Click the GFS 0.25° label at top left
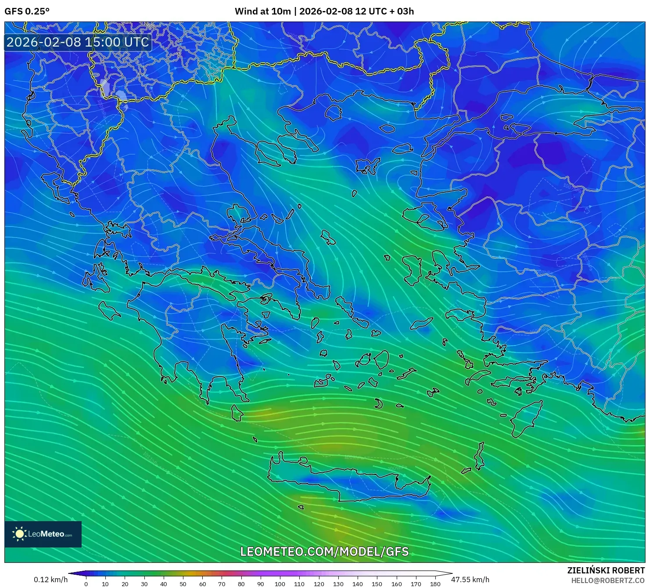click(x=27, y=11)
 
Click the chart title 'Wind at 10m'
click(x=262, y=11)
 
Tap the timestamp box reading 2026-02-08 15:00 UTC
click(x=78, y=42)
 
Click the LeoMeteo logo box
click(x=43, y=534)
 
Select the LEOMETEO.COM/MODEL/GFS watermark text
click(x=324, y=551)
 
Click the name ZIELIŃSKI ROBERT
click(x=606, y=570)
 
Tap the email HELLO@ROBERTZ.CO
click(x=607, y=580)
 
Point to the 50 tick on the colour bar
click(x=183, y=583)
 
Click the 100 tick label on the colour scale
click(x=280, y=583)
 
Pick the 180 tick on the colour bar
click(x=435, y=583)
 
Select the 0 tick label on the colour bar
click(x=86, y=583)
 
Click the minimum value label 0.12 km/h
click(x=50, y=580)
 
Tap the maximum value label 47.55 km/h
click(x=470, y=580)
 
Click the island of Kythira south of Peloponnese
click(x=237, y=413)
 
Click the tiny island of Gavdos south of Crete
click(x=301, y=507)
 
